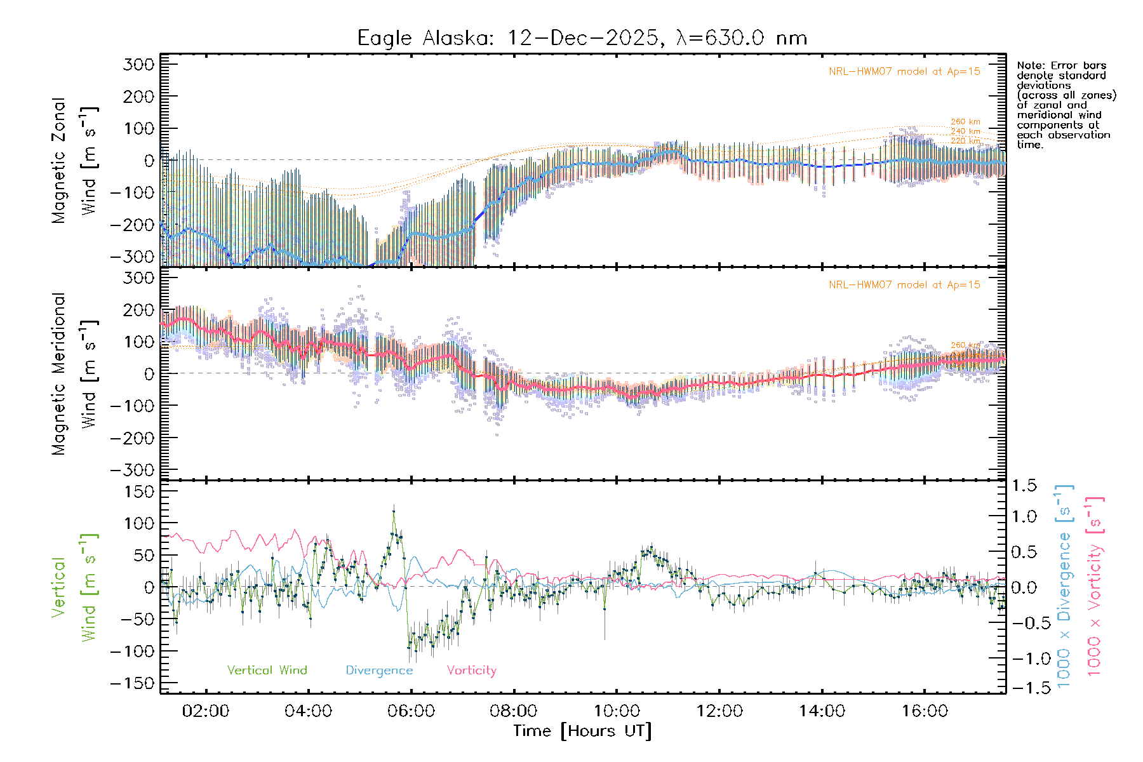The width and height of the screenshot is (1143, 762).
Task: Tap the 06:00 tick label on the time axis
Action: coord(411,711)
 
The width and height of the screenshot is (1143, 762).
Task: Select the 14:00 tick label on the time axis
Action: coord(822,711)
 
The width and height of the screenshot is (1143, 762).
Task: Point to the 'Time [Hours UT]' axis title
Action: coord(582,731)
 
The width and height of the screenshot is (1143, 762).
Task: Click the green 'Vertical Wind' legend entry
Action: coord(267,670)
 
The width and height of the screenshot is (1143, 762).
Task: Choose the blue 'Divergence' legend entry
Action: coord(379,670)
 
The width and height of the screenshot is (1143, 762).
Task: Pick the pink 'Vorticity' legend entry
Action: coord(471,670)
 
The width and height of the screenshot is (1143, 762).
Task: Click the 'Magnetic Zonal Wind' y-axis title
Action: coord(74,161)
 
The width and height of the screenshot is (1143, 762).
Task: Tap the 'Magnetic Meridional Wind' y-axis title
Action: coord(74,374)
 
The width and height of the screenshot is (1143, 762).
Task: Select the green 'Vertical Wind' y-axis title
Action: coord(74,587)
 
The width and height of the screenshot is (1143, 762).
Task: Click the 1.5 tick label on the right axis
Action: coord(1024,486)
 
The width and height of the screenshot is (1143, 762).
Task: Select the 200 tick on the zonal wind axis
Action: coord(139,97)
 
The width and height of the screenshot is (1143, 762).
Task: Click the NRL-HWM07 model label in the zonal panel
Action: coord(904,72)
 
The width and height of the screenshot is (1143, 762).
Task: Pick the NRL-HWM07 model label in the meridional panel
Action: coord(904,285)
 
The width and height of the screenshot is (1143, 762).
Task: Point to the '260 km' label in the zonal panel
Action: coord(965,122)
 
